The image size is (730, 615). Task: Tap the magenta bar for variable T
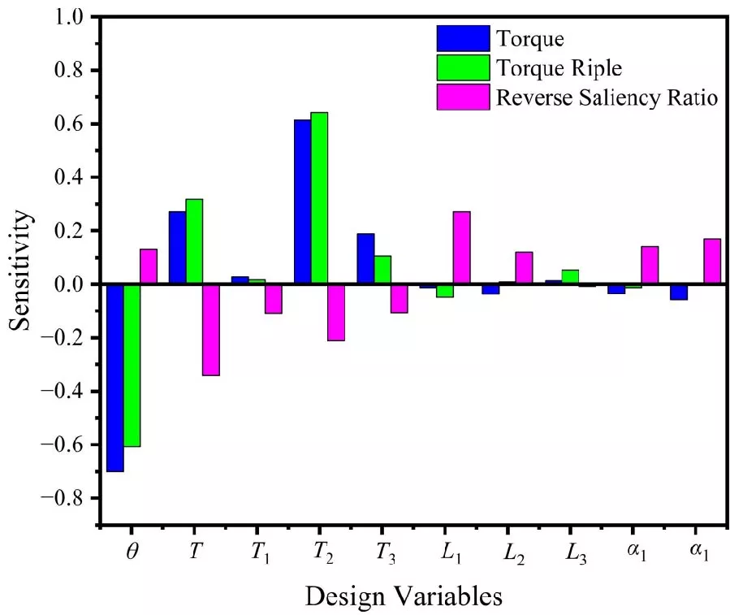coord(210,329)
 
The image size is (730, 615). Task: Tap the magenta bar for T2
coord(336,312)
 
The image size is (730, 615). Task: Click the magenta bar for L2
coord(524,267)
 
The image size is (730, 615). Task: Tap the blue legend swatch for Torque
coord(463,38)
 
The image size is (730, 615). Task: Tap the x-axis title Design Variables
coord(404,596)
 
